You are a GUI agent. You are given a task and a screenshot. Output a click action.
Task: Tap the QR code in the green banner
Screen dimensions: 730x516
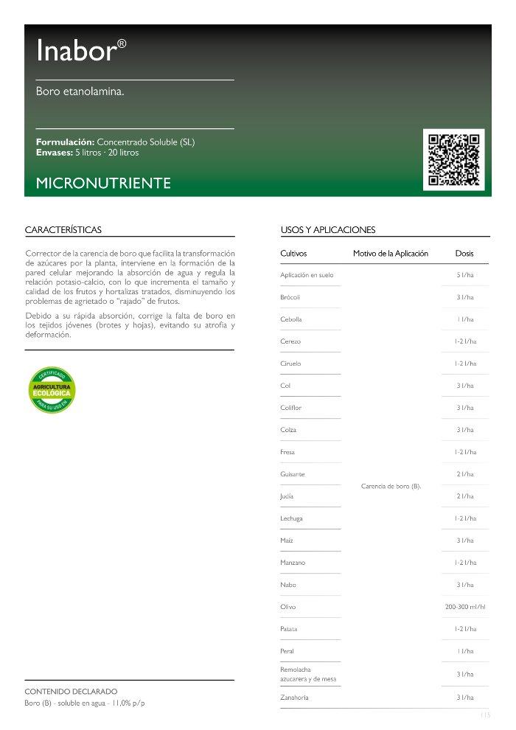click(x=454, y=159)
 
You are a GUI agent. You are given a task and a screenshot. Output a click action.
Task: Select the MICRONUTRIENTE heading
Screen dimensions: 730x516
click(x=103, y=183)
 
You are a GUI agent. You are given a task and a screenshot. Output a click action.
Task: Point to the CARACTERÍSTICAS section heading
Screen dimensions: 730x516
click(x=63, y=230)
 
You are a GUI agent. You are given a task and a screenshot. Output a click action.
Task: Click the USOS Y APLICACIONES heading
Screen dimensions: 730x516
click(x=328, y=230)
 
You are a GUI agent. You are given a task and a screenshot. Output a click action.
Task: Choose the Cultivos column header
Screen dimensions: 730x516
click(x=293, y=254)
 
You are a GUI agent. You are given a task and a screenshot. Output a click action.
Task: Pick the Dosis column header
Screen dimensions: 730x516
click(x=464, y=254)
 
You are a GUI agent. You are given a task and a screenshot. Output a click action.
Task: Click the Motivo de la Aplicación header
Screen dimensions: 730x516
click(x=391, y=254)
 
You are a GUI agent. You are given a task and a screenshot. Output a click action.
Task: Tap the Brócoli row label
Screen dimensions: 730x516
click(x=290, y=297)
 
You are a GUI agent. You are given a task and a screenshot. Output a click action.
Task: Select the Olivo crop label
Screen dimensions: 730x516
click(x=288, y=607)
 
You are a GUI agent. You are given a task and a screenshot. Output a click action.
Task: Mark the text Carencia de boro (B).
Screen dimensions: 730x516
click(x=391, y=486)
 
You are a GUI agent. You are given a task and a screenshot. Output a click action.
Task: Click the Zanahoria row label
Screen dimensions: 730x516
click(x=295, y=697)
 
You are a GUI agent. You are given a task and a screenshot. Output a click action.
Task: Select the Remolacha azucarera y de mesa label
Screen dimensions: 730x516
click(x=305, y=674)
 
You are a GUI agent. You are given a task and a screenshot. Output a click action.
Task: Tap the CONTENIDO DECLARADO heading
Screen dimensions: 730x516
click(x=72, y=691)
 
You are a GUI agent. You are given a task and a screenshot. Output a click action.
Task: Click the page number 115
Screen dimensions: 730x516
click(x=484, y=715)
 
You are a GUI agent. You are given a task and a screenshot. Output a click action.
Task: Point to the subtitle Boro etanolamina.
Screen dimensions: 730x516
click(x=80, y=92)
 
